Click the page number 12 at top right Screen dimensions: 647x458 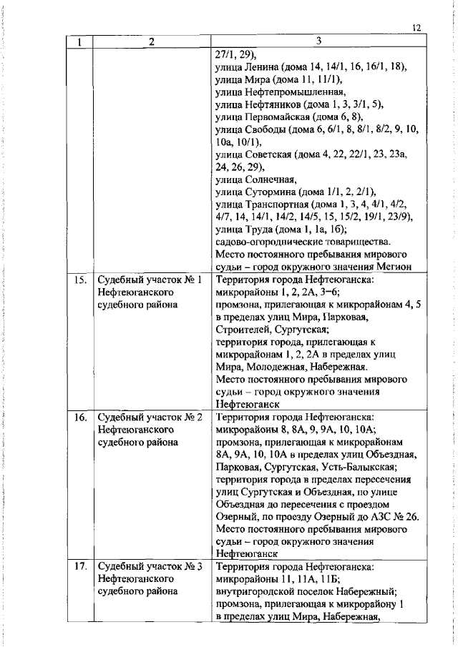click(417, 28)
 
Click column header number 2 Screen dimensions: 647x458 click(151, 41)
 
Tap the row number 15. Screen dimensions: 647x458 click(79, 280)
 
